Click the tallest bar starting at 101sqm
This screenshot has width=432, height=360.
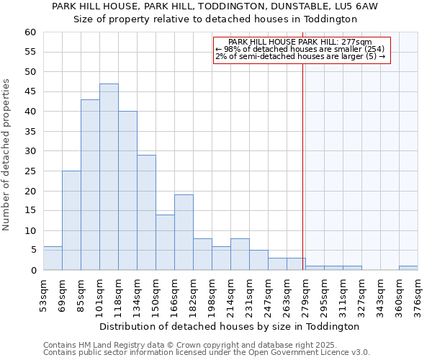coord(109,177)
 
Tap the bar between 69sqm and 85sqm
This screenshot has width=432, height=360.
coord(71,220)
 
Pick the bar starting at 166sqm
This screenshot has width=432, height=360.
coord(184,233)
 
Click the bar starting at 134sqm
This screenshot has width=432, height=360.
coord(146,212)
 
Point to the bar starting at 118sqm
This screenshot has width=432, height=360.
coord(127,191)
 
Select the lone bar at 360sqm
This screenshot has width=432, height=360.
coord(408,268)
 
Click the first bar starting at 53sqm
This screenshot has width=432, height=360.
coord(53,258)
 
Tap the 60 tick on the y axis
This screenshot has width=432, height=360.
coord(30,32)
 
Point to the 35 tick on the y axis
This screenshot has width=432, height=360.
coord(30,132)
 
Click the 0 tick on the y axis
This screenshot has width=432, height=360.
coord(33,270)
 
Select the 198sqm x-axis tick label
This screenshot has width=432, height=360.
coord(212,294)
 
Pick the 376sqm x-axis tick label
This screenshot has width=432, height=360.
coord(418,294)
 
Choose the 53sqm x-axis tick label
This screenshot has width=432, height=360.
coord(43,294)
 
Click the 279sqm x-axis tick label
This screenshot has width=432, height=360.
coord(305,294)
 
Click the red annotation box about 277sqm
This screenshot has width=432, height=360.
coord(302,50)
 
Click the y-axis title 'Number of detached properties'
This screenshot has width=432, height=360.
coord(7,155)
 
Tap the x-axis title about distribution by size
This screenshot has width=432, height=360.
coord(229,326)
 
